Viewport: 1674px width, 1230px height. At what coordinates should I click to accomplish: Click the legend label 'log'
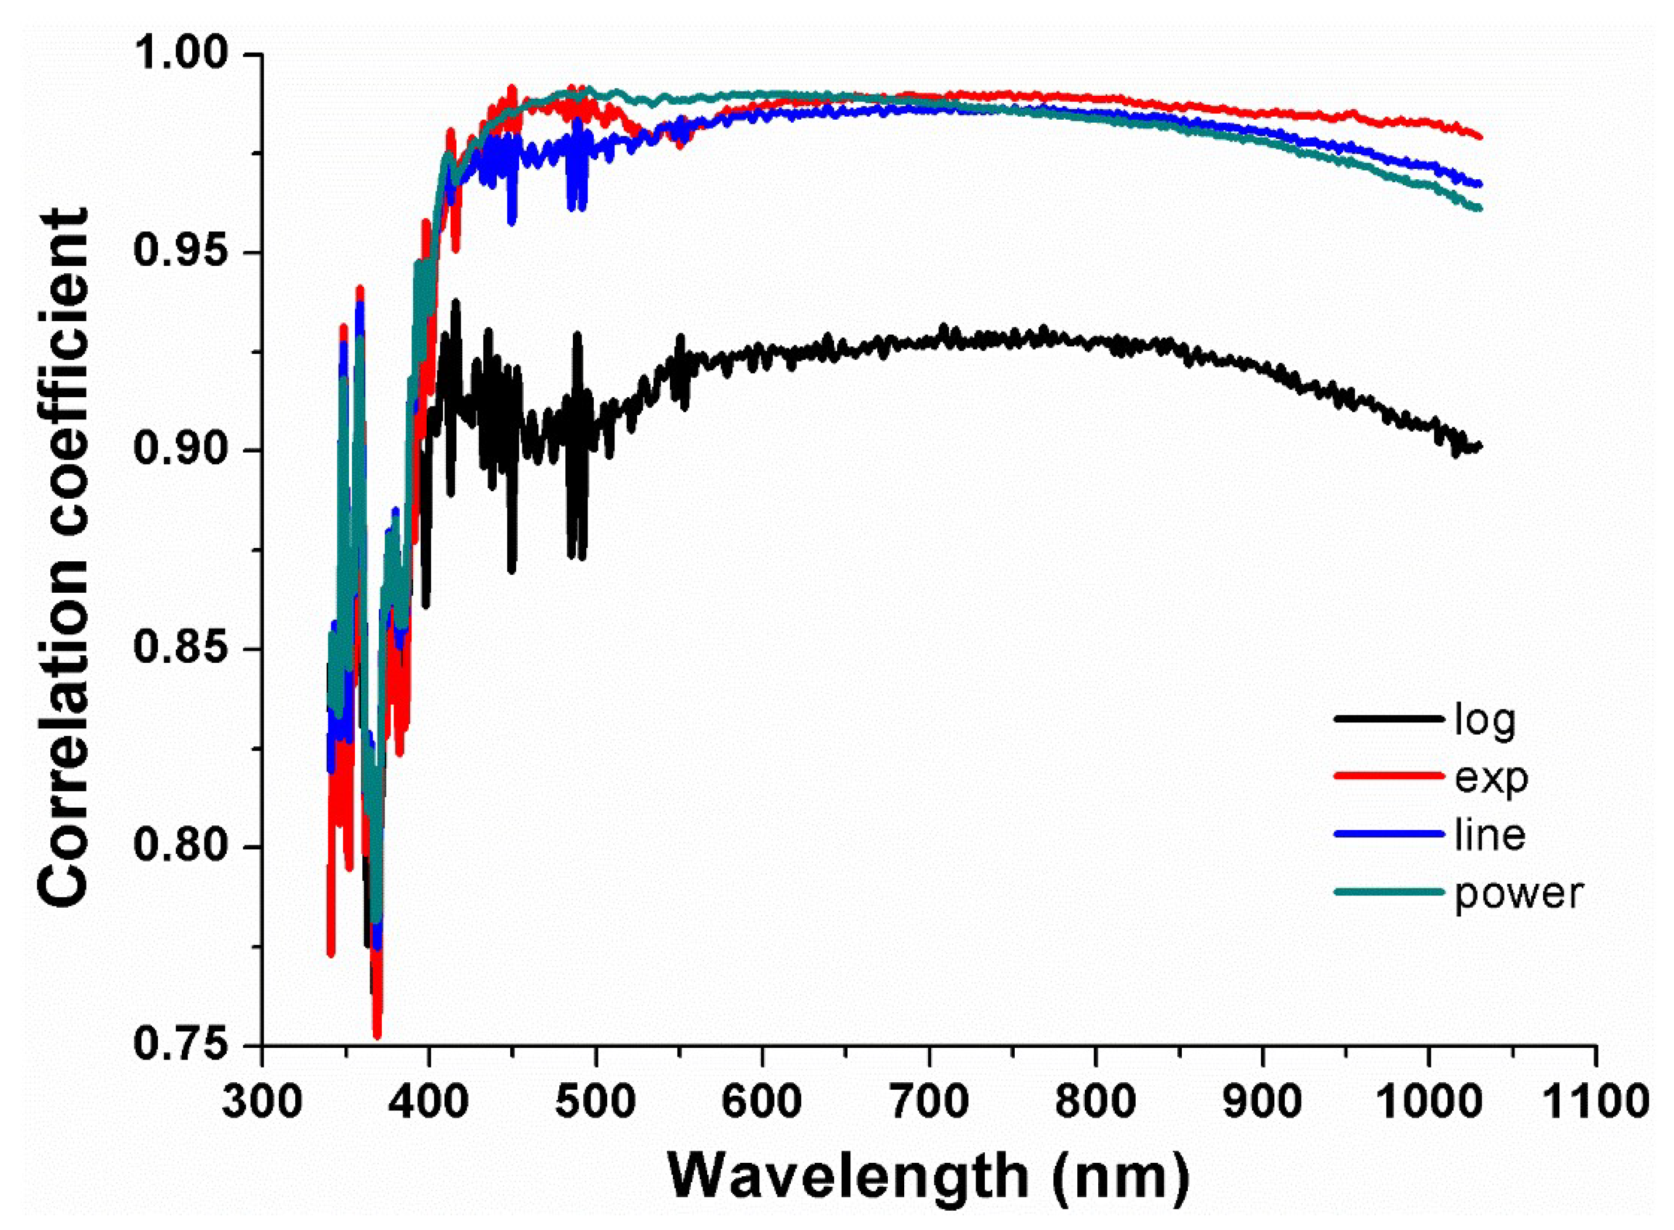1485,720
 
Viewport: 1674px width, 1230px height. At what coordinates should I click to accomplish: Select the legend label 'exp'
1492,778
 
